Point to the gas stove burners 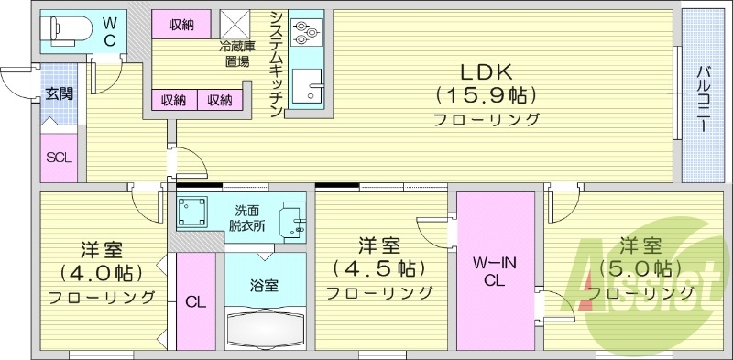click(x=305, y=32)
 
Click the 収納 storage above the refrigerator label click(x=181, y=26)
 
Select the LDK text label click(x=485, y=72)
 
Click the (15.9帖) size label click(x=485, y=95)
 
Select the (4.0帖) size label click(x=101, y=272)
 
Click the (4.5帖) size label click(x=379, y=268)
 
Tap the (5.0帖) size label click(x=640, y=268)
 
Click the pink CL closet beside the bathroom click(x=195, y=301)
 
